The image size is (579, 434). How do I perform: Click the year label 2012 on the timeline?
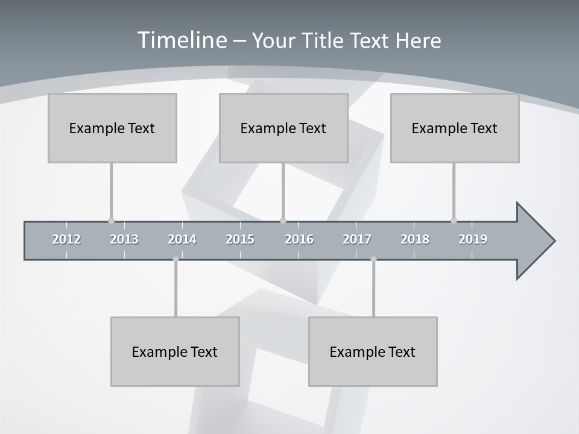point(66,239)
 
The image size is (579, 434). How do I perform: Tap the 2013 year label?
point(124,239)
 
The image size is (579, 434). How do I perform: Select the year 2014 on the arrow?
point(182,239)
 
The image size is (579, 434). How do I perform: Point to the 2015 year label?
point(240,239)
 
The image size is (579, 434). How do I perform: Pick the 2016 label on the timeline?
point(299,239)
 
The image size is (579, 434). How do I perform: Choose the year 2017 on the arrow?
point(357,239)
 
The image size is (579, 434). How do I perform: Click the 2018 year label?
point(415,239)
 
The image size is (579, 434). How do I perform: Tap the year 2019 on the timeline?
point(473,239)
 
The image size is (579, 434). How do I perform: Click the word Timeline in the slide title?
point(180,40)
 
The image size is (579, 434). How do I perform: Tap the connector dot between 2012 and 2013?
point(111,221)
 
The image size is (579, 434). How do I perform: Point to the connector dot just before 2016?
point(283,221)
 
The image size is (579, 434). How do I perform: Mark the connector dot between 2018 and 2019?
point(454,221)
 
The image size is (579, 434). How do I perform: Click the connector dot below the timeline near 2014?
point(176,259)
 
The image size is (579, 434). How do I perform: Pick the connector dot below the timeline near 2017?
point(373,259)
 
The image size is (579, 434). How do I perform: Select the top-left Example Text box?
point(112,128)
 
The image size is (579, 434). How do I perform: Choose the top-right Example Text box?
point(455,128)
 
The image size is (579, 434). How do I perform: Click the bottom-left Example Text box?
point(175,351)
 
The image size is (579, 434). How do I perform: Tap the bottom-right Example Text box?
point(373,351)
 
